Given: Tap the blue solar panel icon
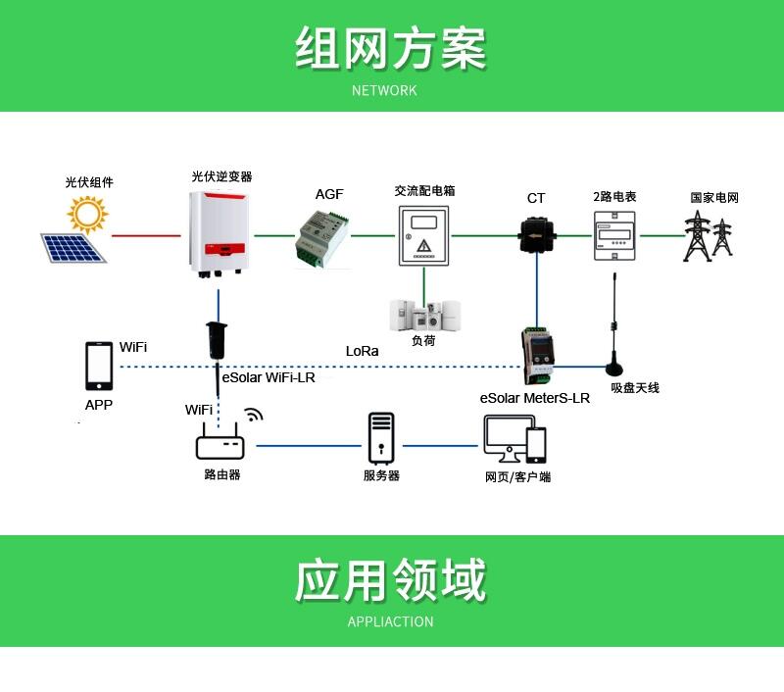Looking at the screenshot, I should pos(73,246).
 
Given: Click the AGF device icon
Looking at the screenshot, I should pos(323,238).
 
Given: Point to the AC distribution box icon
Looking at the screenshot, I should pos(423,235).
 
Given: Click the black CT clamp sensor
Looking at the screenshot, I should pos(537,234).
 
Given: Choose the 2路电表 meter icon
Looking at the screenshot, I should pos(614,234).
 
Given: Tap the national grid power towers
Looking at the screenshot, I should pos(709,236).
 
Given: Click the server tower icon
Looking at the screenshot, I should pos(381,438).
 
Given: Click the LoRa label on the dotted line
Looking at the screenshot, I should pos(362,351).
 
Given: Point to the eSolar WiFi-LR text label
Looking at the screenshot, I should pos(269,377).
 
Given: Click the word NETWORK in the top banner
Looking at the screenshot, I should pos(384,90).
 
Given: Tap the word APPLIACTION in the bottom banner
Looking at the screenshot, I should pos(390,621).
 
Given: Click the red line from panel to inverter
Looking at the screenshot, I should pos(146,235).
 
